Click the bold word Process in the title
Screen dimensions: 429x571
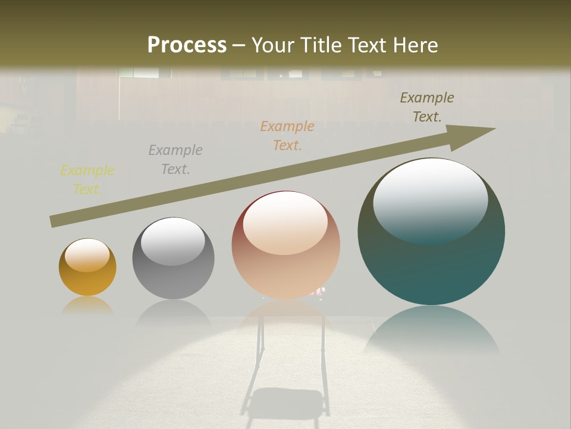(187, 45)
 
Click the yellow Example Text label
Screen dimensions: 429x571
(87, 180)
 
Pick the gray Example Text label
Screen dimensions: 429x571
(175, 160)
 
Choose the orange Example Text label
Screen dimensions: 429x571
(287, 136)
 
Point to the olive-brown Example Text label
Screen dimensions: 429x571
(427, 107)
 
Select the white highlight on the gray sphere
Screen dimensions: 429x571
(172, 240)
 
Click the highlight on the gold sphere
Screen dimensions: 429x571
(87, 254)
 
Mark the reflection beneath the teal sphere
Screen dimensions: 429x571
(431, 331)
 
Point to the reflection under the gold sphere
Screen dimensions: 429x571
(87, 306)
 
